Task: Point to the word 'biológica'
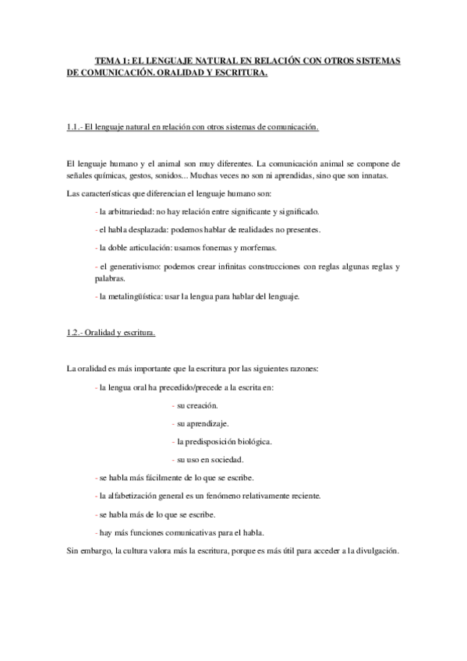pyautogui.click(x=252, y=441)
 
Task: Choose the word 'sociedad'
pyautogui.click(x=225, y=459)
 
